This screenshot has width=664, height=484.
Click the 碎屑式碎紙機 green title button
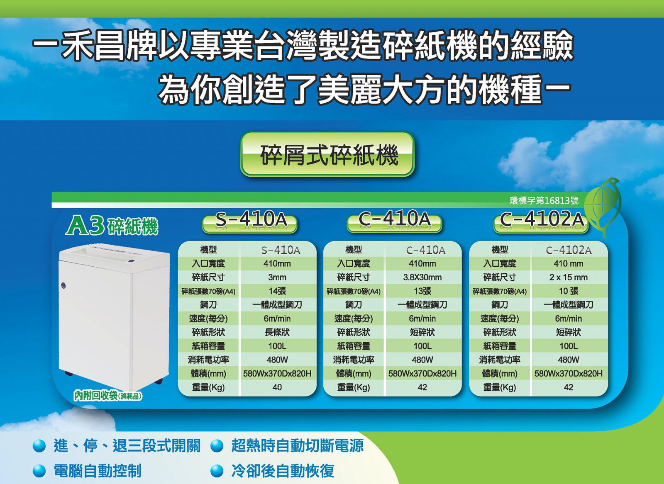tap(327, 154)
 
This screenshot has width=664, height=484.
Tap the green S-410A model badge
tap(249, 223)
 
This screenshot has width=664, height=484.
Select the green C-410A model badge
tap(394, 223)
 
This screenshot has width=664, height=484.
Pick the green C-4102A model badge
tap(541, 223)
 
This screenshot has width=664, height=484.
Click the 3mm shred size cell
tap(277, 277)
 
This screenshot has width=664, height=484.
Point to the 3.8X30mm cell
tap(422, 277)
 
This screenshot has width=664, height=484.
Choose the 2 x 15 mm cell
tap(568, 277)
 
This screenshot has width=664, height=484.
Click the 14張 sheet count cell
tap(277, 291)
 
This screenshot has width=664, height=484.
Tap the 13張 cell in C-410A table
tap(422, 291)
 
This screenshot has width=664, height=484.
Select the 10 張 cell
tap(568, 291)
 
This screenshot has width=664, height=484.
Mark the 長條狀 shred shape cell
tap(277, 332)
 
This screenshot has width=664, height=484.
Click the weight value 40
tap(277, 387)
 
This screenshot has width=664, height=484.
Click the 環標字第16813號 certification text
tap(544, 201)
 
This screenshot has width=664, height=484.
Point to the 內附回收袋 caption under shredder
tap(108, 396)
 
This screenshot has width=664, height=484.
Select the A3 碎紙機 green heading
tap(112, 226)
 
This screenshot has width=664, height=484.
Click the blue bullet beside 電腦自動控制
tap(39, 470)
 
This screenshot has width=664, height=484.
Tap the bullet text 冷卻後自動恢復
tap(283, 470)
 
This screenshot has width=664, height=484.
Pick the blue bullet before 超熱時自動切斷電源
tap(217, 445)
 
